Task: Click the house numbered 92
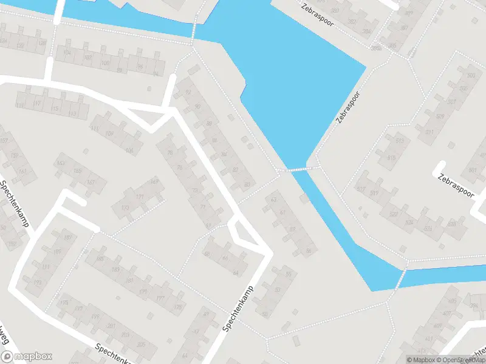pyautogui.click(x=188, y=92)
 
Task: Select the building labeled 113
pyautogui.click(x=74, y=113)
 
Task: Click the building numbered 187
pyautogui.click(x=67, y=237)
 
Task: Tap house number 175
pyautogui.click(x=143, y=292)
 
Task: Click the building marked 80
pyautogui.click(x=247, y=184)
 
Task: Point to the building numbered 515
pyautogui.click(x=399, y=141)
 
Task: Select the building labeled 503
pyautogui.click(x=470, y=75)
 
